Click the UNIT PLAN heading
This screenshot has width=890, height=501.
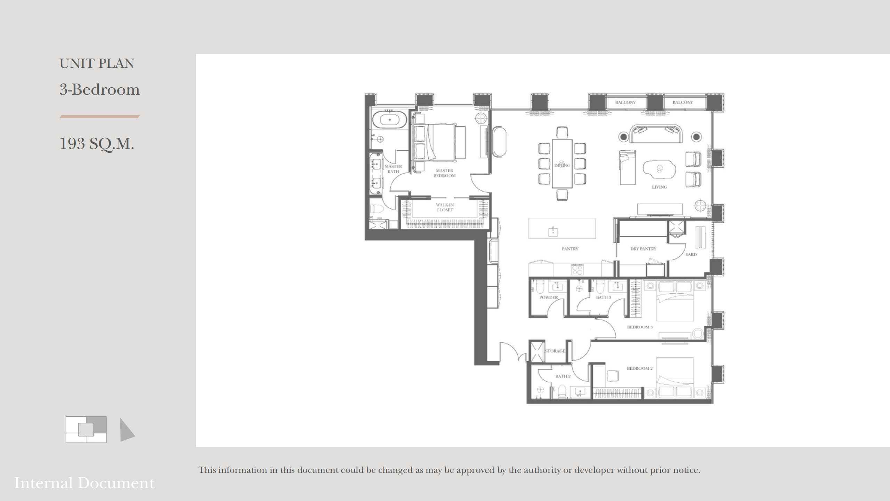97,64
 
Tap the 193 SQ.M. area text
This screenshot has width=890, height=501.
97,144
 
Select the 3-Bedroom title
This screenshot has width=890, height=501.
99,89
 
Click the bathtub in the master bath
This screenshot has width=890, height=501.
390,120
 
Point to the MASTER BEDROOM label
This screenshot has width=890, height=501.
444,173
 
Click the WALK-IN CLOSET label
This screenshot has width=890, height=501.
445,207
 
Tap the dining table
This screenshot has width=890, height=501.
562,164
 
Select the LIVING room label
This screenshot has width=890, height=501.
659,187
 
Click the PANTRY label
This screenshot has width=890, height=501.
570,249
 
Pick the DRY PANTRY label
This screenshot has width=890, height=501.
643,249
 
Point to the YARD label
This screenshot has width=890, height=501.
691,255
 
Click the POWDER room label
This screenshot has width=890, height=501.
549,297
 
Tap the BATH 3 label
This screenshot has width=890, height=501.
604,297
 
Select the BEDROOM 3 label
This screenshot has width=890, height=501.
640,327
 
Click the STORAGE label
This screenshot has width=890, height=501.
555,351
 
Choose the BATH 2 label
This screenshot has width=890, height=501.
563,376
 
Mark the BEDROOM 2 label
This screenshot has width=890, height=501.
640,368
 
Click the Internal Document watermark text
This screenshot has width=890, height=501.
84,483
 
